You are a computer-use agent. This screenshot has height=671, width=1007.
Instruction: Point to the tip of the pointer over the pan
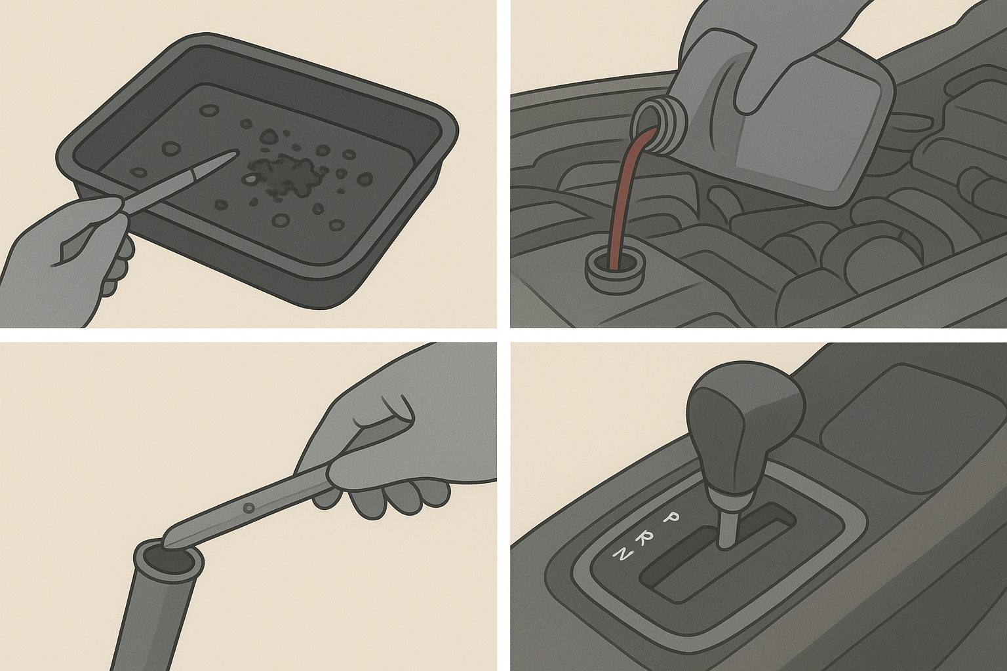click(235, 154)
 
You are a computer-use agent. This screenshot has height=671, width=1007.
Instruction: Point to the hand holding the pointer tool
click(68, 261)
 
